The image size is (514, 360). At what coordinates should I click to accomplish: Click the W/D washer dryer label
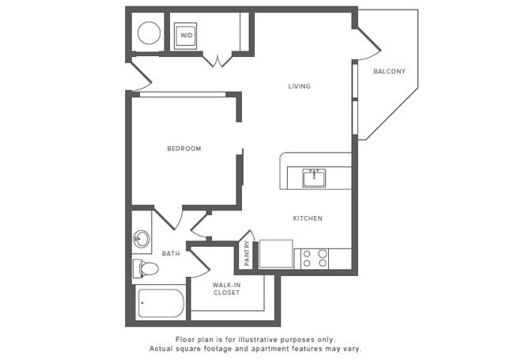pos(187,36)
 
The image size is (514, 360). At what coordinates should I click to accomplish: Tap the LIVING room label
pos(299,86)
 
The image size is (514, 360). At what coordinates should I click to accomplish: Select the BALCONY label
pos(389,71)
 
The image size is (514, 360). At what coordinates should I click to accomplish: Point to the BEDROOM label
pos(183,148)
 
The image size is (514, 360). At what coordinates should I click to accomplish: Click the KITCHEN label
pos(308,218)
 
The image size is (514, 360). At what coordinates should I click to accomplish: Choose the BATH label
pos(171,253)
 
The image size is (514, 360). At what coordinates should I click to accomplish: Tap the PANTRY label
pos(247,253)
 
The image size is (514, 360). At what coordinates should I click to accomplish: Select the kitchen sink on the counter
pos(315,177)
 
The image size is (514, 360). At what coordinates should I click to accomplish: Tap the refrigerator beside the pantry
pos(275,254)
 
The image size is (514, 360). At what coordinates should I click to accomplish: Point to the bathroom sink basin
pos(142,238)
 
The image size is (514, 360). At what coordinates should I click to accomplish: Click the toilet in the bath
pos(146,269)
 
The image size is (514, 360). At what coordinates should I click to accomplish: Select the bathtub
pos(161,303)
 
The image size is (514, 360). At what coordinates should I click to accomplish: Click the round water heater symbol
pos(149,33)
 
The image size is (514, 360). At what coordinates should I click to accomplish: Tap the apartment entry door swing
pos(142,78)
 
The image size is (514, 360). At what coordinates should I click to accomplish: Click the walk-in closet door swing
pos(198,259)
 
